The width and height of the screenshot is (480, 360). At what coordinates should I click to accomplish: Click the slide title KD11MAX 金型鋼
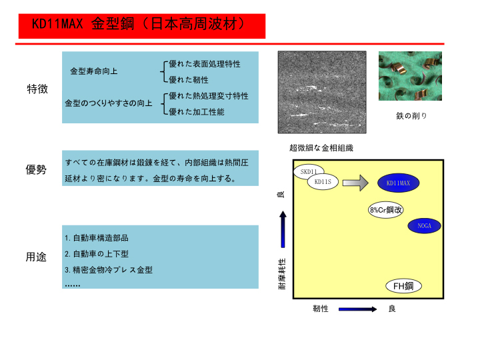[139, 24]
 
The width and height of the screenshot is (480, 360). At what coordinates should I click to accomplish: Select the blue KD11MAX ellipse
[398, 183]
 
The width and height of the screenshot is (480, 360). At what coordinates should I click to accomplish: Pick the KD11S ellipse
[323, 182]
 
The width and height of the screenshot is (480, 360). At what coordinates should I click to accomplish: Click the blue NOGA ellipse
[424, 226]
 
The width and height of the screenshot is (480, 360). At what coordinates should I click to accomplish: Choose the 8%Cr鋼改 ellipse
[386, 210]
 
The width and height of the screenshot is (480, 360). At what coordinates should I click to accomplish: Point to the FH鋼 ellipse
[403, 286]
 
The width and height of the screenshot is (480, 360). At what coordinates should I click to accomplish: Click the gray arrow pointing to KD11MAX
[355, 183]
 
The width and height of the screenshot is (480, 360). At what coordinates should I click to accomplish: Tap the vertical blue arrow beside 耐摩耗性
[283, 229]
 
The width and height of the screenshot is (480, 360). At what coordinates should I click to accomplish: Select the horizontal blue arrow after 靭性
[357, 309]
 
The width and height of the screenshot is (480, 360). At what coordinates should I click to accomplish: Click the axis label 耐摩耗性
[282, 274]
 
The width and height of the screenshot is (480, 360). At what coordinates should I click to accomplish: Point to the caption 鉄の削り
[411, 116]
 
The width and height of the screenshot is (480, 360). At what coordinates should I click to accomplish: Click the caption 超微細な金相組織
[321, 148]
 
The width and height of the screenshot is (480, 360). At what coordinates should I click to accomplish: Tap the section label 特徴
[37, 89]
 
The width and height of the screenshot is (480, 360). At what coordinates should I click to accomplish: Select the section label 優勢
[36, 169]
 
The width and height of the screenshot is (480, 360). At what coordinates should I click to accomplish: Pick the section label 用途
[36, 257]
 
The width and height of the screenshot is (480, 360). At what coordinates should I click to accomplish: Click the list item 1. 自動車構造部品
[97, 238]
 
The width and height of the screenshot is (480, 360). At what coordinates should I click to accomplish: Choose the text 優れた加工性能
[197, 112]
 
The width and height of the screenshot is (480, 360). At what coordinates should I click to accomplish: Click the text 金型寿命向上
[94, 71]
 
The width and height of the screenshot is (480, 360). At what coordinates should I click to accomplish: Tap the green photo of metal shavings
[410, 76]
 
